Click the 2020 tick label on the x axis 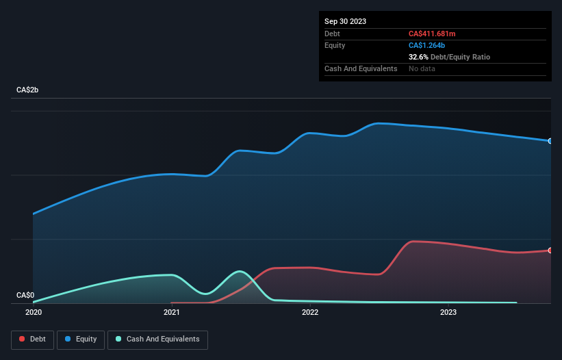pyautogui.click(x=33, y=312)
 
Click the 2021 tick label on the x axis pyautogui.click(x=171, y=312)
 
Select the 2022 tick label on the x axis pyautogui.click(x=309, y=312)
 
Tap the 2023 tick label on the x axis pyautogui.click(x=448, y=312)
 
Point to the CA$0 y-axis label pyautogui.click(x=26, y=296)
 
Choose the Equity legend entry pyautogui.click(x=81, y=339)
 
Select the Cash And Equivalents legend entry pyautogui.click(x=157, y=339)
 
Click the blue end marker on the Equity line pyautogui.click(x=550, y=141)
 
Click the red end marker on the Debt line pyautogui.click(x=550, y=250)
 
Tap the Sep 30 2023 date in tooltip pyautogui.click(x=345, y=21)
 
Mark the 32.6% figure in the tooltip pyautogui.click(x=418, y=57)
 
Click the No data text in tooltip pyautogui.click(x=422, y=68)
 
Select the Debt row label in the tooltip pyautogui.click(x=333, y=34)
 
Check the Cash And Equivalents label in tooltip pyautogui.click(x=361, y=68)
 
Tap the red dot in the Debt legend pyautogui.click(x=23, y=339)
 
